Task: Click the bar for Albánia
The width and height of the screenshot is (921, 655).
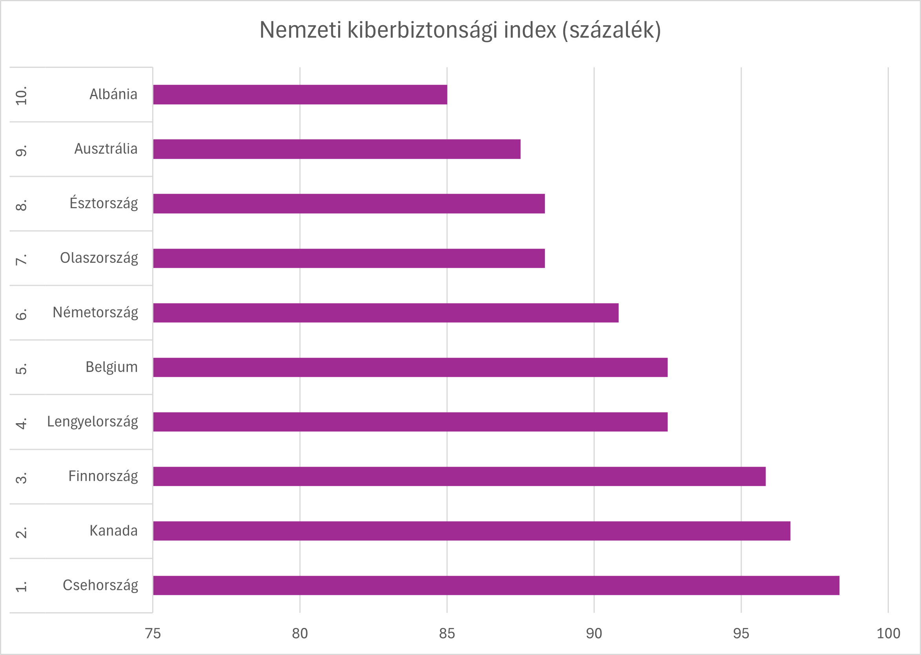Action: click(x=300, y=95)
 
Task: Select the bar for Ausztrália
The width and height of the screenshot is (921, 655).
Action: click(x=337, y=149)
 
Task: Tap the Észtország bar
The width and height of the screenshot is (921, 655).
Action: click(x=349, y=204)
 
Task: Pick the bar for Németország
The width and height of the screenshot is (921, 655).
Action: click(x=386, y=313)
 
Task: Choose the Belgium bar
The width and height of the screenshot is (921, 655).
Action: click(x=410, y=368)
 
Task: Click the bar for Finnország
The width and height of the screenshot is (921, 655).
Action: click(x=459, y=476)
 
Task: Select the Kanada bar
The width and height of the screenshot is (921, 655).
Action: click(x=471, y=531)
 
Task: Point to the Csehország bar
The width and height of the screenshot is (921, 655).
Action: click(x=496, y=585)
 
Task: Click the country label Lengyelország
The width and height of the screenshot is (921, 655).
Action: click(x=92, y=422)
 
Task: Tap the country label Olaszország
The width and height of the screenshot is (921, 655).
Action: click(x=99, y=258)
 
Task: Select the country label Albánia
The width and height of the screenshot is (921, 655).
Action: click(x=113, y=95)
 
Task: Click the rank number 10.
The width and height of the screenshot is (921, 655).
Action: click(x=21, y=96)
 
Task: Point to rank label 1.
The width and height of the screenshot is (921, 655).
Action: click(x=21, y=586)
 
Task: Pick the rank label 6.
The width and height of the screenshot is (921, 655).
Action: click(x=21, y=314)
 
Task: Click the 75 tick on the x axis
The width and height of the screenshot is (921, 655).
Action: click(x=153, y=633)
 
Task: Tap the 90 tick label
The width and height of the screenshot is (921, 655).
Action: click(x=594, y=633)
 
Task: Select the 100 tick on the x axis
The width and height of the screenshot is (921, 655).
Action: click(x=888, y=633)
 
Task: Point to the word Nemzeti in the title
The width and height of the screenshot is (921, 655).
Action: click(x=300, y=30)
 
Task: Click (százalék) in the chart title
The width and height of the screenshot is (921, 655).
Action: click(x=612, y=30)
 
